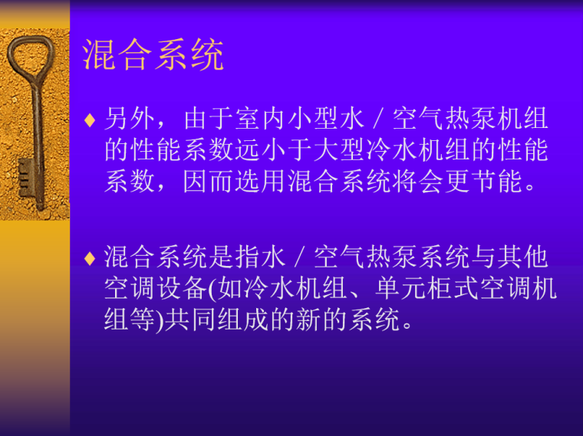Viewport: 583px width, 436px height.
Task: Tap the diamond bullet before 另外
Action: coord(89,121)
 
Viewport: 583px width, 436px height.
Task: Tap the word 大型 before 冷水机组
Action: coord(341,150)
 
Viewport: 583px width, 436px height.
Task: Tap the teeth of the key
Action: coord(25,176)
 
